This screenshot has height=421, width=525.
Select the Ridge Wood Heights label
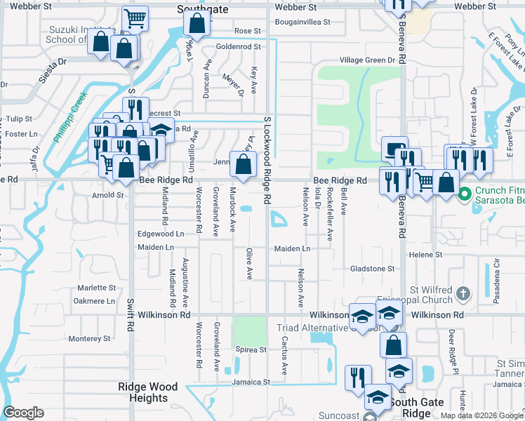pos(147,392)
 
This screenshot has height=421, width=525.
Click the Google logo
pos(23,413)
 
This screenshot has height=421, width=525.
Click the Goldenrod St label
pos(238,47)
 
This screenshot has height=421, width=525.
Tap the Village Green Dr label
pos(368,61)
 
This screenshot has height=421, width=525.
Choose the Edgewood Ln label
pos(161,234)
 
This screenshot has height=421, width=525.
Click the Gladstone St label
pos(373,269)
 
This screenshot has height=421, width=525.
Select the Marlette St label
pos(96,288)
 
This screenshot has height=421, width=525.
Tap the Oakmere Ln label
pos(94,301)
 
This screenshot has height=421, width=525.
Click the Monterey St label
pos(90,338)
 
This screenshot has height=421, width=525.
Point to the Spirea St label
pos(251,349)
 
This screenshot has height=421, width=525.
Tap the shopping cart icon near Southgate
pos(135,19)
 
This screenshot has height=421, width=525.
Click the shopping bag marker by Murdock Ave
pos(243,165)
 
